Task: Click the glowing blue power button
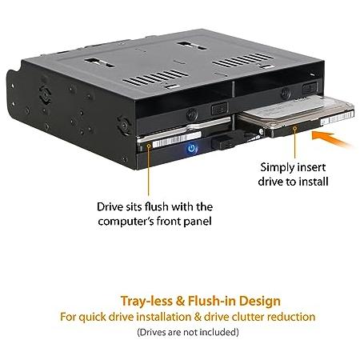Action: [x=191, y=148]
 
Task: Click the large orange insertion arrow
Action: [x=330, y=139]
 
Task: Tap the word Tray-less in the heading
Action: [x=146, y=301]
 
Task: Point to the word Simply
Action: [x=277, y=168]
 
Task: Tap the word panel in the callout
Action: [x=198, y=222]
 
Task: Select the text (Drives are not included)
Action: [x=188, y=332]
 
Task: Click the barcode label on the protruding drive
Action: [x=338, y=118]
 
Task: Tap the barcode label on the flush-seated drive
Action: [x=177, y=140]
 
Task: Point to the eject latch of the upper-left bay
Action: [x=219, y=109]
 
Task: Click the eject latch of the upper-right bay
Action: [x=310, y=87]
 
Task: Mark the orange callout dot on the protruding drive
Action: [x=294, y=129]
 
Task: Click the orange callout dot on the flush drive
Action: [x=149, y=146]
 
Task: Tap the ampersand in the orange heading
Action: [x=180, y=301]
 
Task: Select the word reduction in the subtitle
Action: [x=291, y=317]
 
